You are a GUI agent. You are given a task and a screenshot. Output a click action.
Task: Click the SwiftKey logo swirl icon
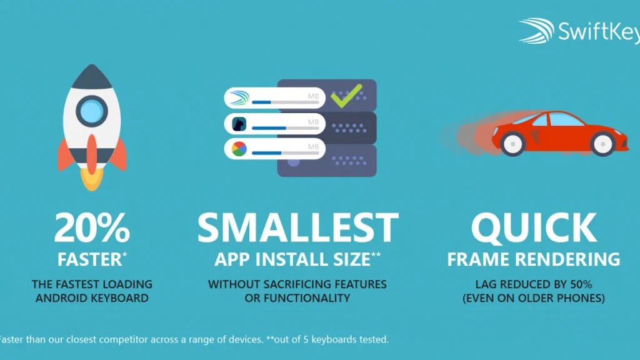[536, 31]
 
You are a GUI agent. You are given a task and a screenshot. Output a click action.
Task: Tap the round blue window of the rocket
[92, 111]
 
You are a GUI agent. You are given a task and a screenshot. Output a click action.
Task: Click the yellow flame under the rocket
[92, 179]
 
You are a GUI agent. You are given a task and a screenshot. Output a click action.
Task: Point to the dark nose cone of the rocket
[92, 76]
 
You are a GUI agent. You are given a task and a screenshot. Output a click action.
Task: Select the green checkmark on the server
[346, 96]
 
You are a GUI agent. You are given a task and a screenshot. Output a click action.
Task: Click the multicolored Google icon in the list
[239, 149]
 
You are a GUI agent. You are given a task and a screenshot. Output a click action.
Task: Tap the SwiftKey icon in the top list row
[239, 98]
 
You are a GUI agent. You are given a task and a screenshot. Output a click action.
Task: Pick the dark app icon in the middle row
[239, 124]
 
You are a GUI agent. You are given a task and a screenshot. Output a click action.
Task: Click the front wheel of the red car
[602, 144]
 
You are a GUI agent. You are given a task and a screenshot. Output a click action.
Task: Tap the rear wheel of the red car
[512, 144]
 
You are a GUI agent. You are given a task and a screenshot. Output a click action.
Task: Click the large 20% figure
[92, 227]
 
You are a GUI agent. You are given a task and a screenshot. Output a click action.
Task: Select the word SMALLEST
[297, 227]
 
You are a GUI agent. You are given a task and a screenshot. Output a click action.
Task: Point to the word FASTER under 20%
[89, 259]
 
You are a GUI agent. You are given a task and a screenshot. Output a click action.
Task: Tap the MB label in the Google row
[313, 146]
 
